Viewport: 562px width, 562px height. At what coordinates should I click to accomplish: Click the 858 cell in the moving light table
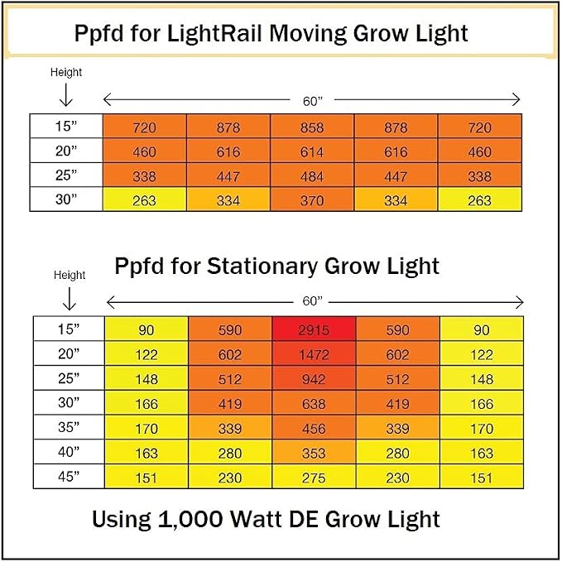click(312, 126)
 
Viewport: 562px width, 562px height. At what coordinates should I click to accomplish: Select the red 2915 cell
click(314, 329)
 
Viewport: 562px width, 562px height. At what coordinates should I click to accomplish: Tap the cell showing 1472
click(314, 353)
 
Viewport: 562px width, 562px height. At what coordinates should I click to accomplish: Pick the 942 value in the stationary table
click(314, 378)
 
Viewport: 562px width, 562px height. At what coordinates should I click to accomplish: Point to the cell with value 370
click(312, 199)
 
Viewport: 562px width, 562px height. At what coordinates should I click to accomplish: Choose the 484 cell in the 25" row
click(312, 175)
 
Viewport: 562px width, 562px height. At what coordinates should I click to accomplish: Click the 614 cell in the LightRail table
click(312, 151)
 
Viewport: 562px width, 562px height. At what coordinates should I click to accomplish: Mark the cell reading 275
click(314, 477)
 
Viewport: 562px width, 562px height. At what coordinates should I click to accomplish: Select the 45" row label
click(69, 477)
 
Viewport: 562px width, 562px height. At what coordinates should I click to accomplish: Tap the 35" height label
click(69, 427)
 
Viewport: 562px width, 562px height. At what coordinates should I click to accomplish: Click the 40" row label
click(69, 452)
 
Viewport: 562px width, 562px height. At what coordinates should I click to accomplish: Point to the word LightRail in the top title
click(214, 34)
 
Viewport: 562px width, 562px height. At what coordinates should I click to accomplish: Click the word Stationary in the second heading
click(262, 267)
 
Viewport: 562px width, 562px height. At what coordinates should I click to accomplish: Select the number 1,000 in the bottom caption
click(190, 519)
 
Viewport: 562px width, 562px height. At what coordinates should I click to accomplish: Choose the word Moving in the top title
click(308, 35)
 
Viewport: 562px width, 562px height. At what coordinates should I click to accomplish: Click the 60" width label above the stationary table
click(313, 301)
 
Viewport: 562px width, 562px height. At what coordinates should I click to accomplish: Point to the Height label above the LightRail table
click(66, 72)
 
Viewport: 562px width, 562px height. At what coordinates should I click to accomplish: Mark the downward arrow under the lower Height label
click(70, 299)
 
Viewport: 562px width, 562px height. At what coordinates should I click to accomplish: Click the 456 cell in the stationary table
click(314, 427)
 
